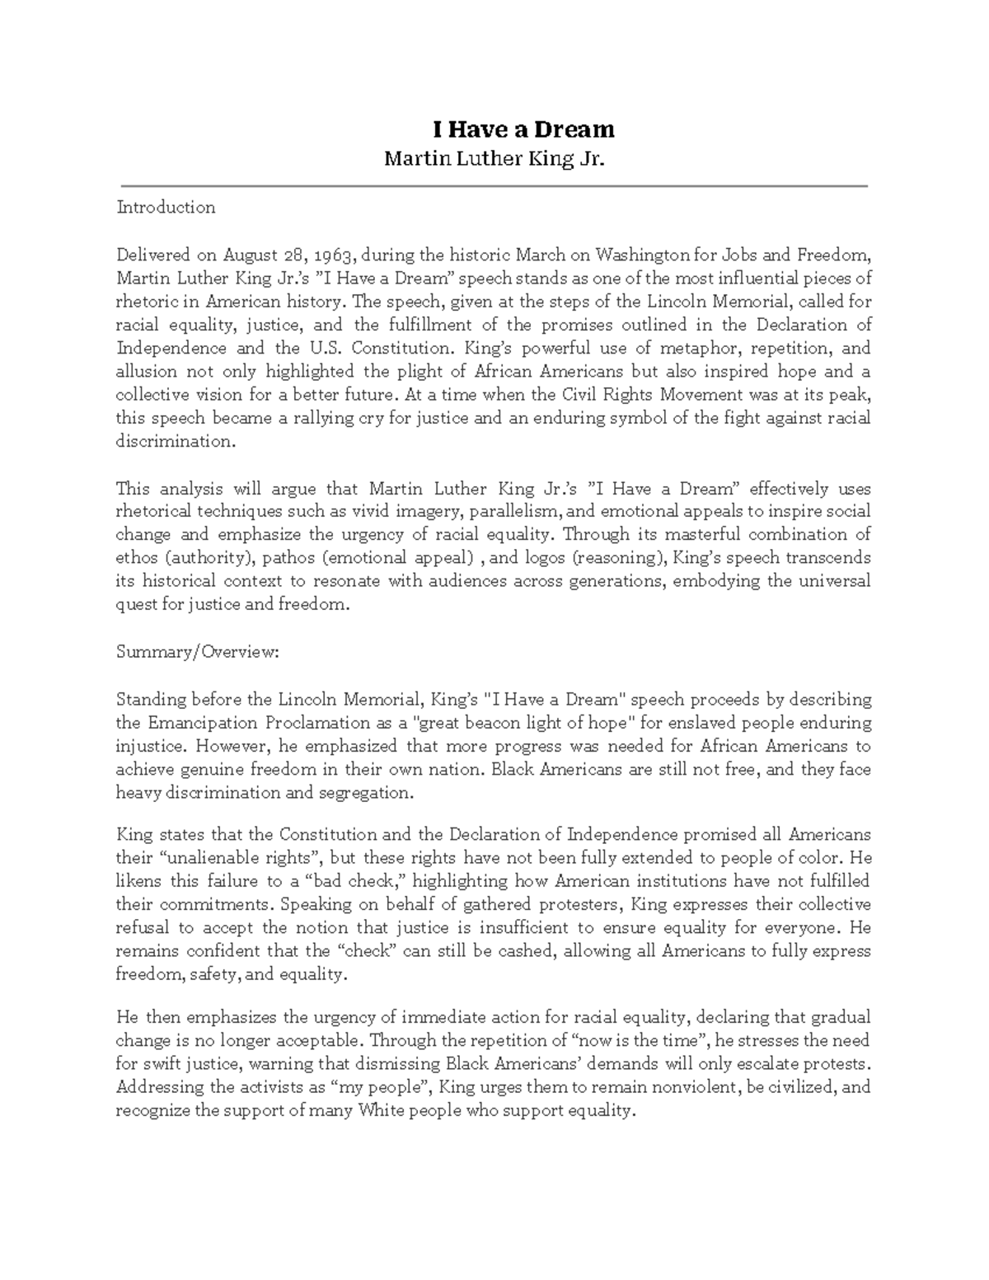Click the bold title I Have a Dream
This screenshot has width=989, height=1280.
point(524,129)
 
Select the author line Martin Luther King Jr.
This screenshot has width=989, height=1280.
point(494,158)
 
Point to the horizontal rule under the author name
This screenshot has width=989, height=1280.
point(494,186)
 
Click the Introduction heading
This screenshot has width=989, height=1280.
point(166,207)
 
